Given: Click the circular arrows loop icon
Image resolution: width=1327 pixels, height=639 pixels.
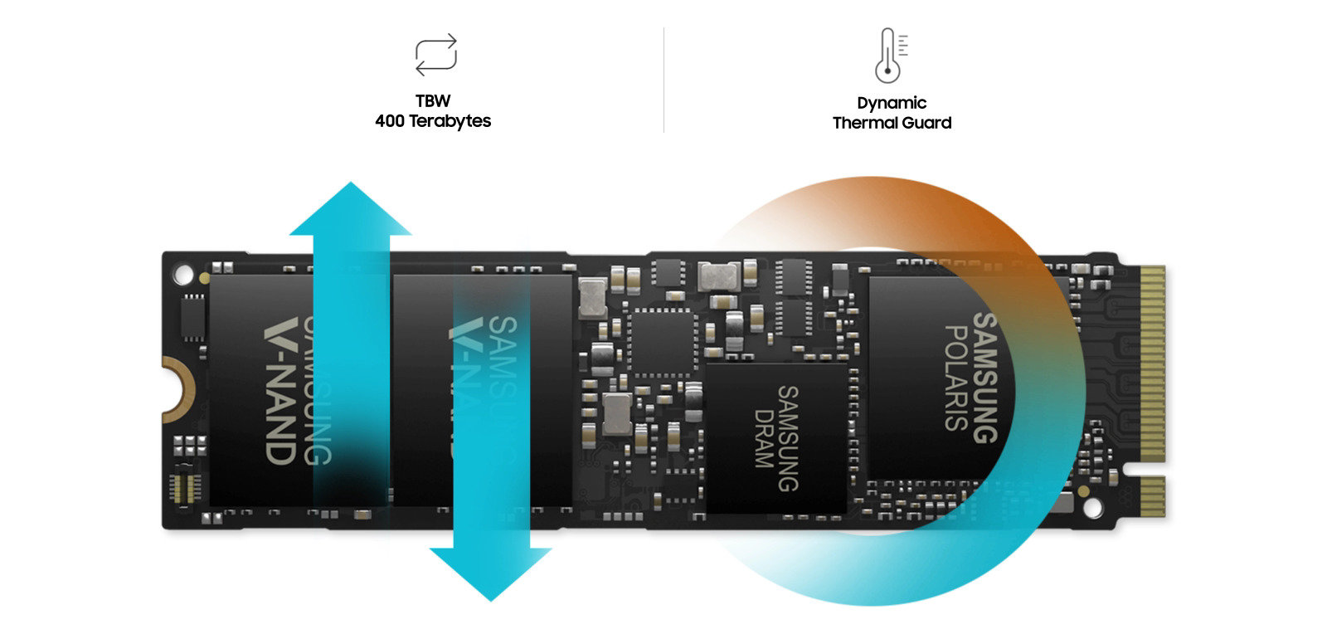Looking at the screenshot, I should click(435, 55).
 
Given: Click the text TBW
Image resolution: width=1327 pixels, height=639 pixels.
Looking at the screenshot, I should click(433, 101).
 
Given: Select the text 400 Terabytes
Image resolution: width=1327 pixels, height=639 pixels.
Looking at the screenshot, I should click(433, 121).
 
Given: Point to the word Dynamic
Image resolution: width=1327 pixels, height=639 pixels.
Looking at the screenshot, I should click(892, 103).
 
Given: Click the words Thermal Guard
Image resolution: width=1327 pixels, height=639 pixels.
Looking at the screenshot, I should click(892, 123).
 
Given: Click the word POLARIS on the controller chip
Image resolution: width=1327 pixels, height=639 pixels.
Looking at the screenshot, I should click(956, 378).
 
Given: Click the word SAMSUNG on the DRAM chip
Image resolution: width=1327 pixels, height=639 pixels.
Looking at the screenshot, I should click(786, 438).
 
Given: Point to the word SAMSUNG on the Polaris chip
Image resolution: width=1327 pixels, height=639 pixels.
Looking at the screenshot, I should click(984, 378).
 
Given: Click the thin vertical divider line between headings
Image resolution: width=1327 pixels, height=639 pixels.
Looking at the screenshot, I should click(663, 80).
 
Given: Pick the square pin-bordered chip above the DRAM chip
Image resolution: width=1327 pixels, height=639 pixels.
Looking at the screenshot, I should click(659, 341).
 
